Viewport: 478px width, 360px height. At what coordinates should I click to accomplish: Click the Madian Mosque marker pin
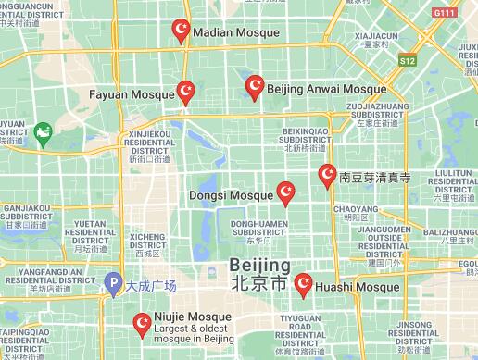[182, 31]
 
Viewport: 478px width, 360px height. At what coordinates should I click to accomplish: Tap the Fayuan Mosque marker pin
[186, 91]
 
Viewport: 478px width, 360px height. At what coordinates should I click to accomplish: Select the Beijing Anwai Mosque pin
[255, 87]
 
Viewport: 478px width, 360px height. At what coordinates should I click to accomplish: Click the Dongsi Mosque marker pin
[286, 192]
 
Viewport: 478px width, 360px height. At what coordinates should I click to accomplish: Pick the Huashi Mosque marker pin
[303, 285]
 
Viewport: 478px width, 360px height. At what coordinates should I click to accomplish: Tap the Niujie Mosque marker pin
[143, 323]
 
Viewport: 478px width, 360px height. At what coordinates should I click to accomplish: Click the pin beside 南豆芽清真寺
[327, 174]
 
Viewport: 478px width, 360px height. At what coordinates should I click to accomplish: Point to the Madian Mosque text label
[235, 32]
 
